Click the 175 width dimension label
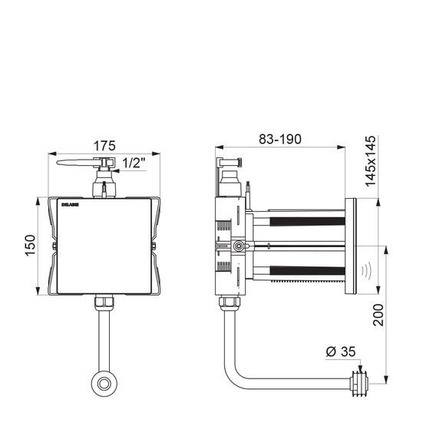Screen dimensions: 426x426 pos(104,146)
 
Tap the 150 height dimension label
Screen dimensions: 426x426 pos(30,246)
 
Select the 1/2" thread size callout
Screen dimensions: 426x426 pos(134,163)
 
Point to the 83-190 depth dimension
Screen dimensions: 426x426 pos(280,139)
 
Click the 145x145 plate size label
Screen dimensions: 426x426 pos(371,161)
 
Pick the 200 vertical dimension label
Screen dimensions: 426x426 pos(378,315)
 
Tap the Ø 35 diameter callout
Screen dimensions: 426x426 pos(341,352)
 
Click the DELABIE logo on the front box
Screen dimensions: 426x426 pos(70,205)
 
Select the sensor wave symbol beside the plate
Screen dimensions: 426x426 pos(366,272)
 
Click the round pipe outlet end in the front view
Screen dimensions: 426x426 pos(104,384)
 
